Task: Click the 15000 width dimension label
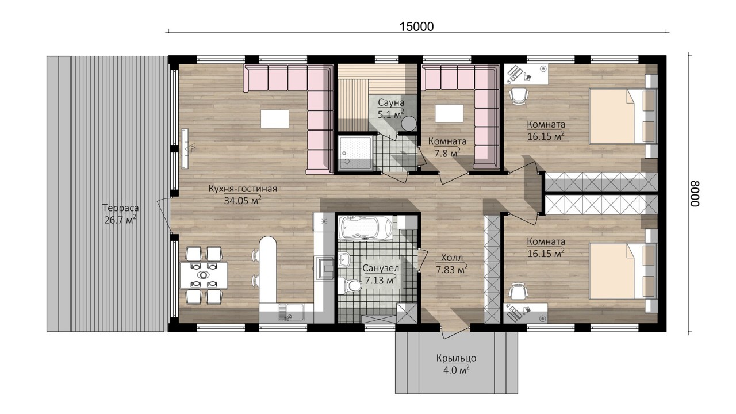[x=416, y=26]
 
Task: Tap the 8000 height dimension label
[x=695, y=194]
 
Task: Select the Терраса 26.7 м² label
[x=120, y=214]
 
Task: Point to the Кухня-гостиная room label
[x=243, y=189]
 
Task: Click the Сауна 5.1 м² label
[x=390, y=108]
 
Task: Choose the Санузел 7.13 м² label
[x=381, y=274]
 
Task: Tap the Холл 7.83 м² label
[x=452, y=263]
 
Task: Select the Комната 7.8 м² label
[x=447, y=147]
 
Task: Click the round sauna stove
[x=409, y=124]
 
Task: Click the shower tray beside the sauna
[x=355, y=153]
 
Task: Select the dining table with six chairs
[x=204, y=275]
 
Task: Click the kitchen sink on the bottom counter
[x=291, y=312]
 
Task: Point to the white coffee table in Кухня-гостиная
[x=275, y=119]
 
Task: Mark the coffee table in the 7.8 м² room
[x=449, y=113]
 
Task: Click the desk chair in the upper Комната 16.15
[x=519, y=95]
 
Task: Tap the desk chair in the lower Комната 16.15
[x=519, y=292]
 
